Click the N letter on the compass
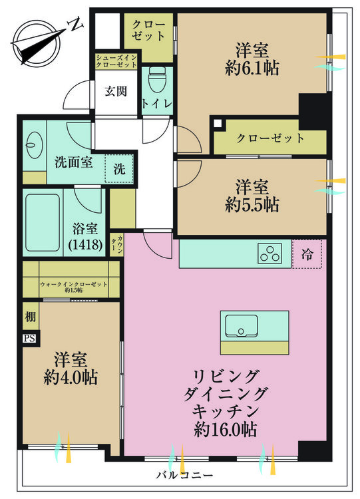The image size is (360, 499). click(75, 25)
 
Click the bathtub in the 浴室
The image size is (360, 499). click(43, 223)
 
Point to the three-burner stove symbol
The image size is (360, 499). click(270, 253)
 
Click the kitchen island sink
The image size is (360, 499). click(241, 326)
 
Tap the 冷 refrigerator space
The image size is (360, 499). click(307, 254)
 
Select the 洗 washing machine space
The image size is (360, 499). click(119, 169)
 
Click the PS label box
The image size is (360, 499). click(29, 338)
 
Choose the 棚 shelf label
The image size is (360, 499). click(31, 317)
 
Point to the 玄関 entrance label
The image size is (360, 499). click(116, 92)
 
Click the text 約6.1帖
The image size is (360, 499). click(252, 68)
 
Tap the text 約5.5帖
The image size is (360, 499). click(252, 205)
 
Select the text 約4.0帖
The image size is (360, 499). click(71, 377)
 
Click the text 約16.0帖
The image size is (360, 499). click(226, 430)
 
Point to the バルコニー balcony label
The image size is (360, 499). click(184, 476)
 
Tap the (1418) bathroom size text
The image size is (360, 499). click(85, 244)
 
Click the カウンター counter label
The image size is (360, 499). click(117, 244)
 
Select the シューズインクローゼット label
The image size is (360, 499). click(116, 61)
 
